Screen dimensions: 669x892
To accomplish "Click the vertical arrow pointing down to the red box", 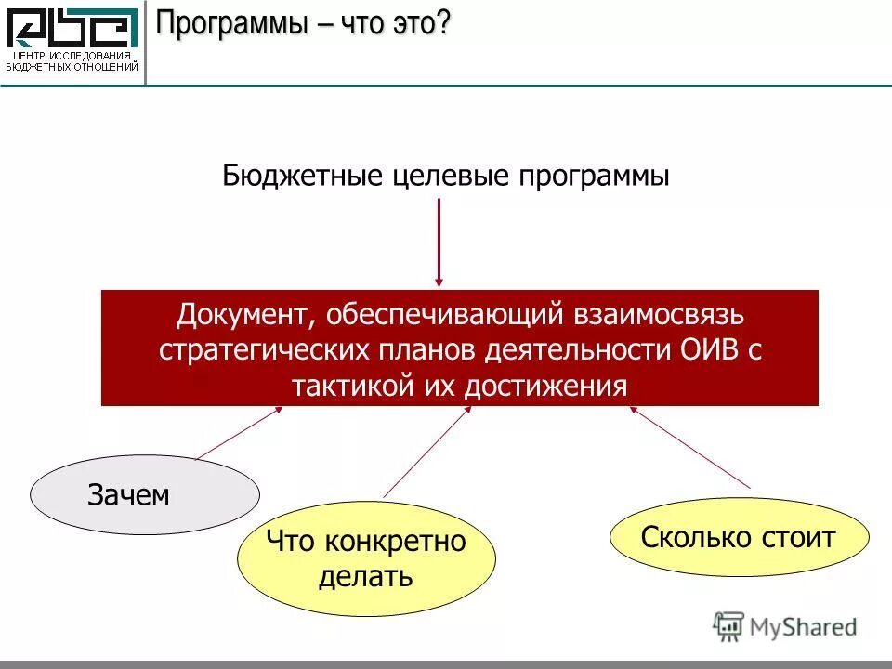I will click(439, 242).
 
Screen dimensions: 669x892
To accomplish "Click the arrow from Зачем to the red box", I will click(239, 433).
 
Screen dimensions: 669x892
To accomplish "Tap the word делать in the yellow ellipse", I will click(365, 576).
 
